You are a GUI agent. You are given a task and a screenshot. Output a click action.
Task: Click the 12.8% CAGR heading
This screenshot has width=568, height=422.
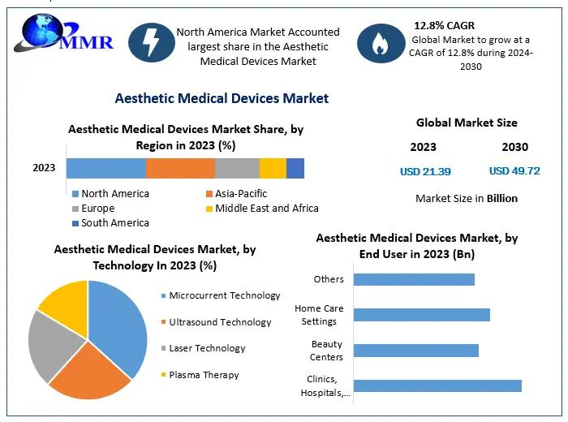pos(444,25)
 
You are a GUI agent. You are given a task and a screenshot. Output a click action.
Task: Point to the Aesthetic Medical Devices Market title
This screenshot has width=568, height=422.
pos(222,98)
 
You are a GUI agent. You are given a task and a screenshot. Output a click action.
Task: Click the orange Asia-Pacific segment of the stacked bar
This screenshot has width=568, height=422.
pos(180,168)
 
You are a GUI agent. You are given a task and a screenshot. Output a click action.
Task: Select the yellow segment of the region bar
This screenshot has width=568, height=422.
pos(273,168)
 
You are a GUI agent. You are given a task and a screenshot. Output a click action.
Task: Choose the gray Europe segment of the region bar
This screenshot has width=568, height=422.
pos(237,168)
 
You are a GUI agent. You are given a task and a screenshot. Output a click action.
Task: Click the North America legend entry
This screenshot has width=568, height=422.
pos(114,194)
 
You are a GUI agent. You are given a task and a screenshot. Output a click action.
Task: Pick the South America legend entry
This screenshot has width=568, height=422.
pos(114,223)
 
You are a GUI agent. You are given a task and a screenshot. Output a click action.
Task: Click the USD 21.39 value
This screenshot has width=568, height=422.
pos(425,171)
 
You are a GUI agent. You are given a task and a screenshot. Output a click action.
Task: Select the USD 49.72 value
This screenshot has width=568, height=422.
pos(514,171)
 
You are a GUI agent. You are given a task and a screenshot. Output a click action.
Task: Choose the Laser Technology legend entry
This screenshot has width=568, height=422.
pos(206,348)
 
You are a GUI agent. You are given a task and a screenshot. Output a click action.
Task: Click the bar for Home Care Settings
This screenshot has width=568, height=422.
pos(422,315)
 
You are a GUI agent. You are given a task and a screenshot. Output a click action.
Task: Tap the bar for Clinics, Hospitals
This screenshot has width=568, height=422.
pos(437,385)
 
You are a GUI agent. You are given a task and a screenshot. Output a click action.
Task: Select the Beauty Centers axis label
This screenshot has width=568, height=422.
pos(327,351)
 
